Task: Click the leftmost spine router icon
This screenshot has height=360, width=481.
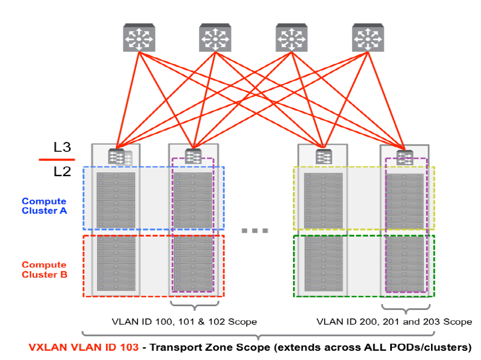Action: tap(139, 39)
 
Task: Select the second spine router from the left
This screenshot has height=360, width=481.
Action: tap(216, 39)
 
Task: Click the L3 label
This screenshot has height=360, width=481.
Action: tap(62, 147)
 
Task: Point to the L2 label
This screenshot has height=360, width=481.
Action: tap(62, 172)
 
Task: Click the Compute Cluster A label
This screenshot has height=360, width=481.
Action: tap(44, 206)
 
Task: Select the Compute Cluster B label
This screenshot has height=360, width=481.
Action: tap(44, 270)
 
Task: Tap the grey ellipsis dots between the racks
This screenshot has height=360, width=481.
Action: tap(255, 231)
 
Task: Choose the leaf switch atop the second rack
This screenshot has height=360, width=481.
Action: tap(193, 157)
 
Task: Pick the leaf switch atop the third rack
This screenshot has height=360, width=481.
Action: tap(323, 157)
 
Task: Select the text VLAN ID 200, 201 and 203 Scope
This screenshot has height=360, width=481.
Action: tap(394, 321)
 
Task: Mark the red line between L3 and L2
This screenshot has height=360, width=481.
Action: tap(56, 160)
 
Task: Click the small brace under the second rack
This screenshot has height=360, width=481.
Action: tap(195, 304)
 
